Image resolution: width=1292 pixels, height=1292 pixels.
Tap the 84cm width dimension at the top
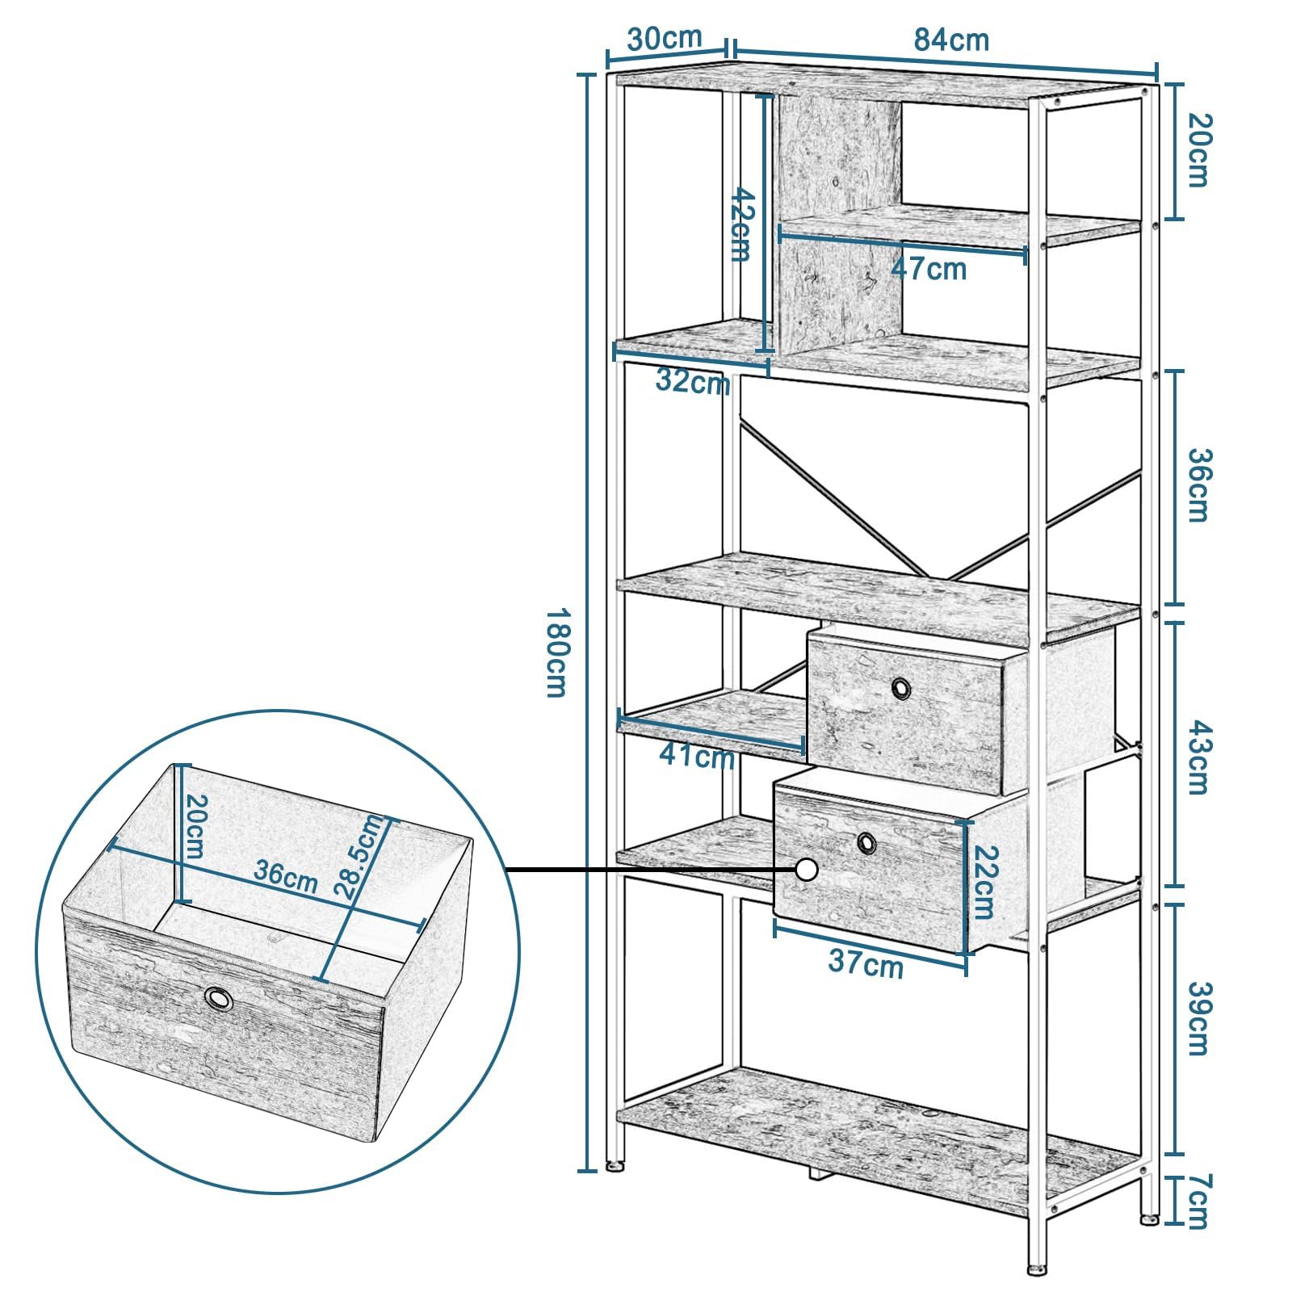(951, 40)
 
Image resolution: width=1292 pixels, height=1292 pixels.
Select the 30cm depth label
(665, 38)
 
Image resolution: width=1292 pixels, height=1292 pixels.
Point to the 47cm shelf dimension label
(929, 268)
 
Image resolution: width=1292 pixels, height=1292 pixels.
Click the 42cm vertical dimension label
(741, 224)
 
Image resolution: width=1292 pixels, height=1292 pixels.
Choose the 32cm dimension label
(693, 381)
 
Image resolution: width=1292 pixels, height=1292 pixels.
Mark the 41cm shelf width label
(697, 757)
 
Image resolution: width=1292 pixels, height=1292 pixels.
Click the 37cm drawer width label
(866, 963)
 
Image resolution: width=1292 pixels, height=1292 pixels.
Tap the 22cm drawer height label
(983, 883)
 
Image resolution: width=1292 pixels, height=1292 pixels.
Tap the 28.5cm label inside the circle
(360, 858)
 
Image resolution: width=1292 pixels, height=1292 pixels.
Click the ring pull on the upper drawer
(900, 688)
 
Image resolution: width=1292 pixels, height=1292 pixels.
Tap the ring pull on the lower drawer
(866, 842)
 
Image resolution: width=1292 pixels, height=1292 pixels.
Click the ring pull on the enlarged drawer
(218, 998)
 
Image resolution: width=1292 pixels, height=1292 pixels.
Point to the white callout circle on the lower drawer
(806, 870)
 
